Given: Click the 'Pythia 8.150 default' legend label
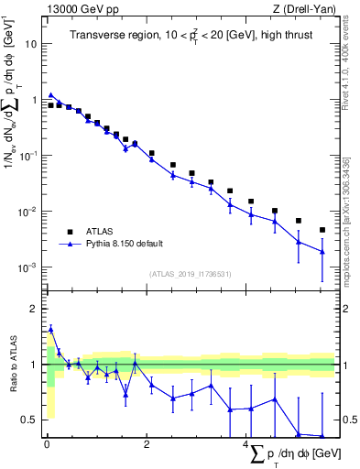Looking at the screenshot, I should [x=125, y=245].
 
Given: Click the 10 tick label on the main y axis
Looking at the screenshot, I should [x=31, y=43].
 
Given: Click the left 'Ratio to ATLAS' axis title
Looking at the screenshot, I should [x=12, y=364].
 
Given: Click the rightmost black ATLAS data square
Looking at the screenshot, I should [x=322, y=230].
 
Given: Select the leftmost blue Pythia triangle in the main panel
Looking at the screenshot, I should [x=51, y=94].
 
